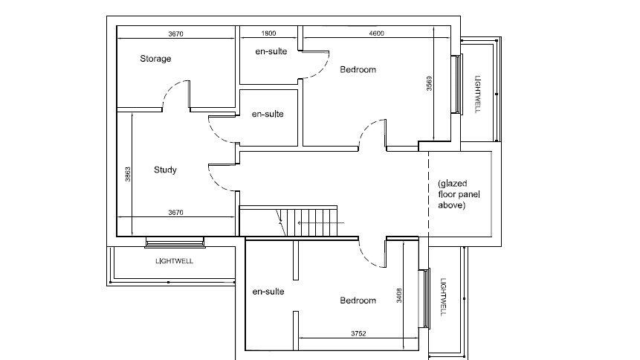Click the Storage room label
[155, 59]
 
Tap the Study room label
[165, 170]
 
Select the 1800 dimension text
[268, 33]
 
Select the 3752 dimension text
[358, 333]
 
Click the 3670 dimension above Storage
[176, 33]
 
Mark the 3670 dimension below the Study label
[175, 213]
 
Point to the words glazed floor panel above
[456, 194]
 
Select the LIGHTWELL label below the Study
[174, 261]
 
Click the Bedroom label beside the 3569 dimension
[358, 70]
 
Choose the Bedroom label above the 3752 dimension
[358, 300]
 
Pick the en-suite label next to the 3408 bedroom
[268, 292]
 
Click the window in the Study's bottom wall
[175, 242]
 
